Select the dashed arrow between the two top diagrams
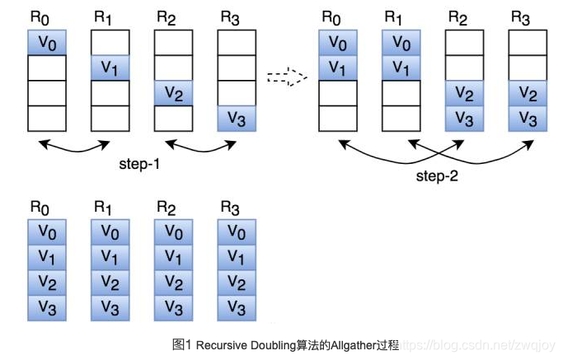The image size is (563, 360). tap(286, 79)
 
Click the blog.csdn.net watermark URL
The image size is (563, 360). tap(479, 344)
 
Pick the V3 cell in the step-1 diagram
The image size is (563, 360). tap(237, 119)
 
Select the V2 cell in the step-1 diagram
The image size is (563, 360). tap(173, 93)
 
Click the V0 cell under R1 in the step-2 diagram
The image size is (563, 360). tap(401, 43)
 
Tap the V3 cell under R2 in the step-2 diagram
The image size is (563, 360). tap(464, 119)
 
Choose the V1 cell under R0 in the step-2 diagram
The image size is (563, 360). tap(338, 68)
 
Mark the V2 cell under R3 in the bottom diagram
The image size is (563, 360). tap(237, 283)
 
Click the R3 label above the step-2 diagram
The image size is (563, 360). tap(521, 16)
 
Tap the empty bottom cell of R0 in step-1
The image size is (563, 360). tap(47, 119)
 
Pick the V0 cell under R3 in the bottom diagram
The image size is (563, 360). tap(237, 232)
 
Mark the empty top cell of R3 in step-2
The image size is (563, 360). tap(528, 43)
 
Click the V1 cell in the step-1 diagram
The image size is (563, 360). tap(110, 68)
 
